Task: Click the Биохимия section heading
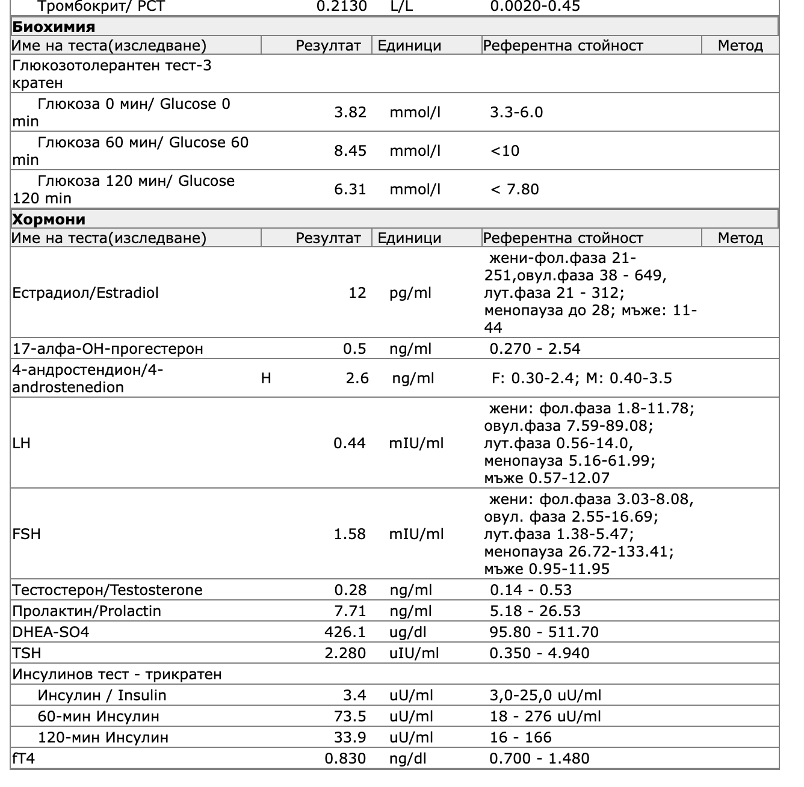(54, 27)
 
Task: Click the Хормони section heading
(49, 219)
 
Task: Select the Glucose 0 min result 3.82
(350, 113)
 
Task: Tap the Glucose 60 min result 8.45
(350, 151)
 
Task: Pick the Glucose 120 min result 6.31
(350, 190)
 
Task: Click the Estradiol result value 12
(357, 293)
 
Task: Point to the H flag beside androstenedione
(266, 378)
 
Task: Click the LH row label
(21, 443)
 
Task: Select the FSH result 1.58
(350, 534)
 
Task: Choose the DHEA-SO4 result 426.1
(345, 632)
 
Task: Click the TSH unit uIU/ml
(414, 653)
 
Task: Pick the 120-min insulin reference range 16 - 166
(521, 738)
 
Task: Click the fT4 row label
(23, 759)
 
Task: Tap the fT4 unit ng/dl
(407, 759)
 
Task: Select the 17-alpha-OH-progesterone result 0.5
(354, 349)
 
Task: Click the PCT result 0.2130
(342, 7)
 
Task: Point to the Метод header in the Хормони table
(740, 238)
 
